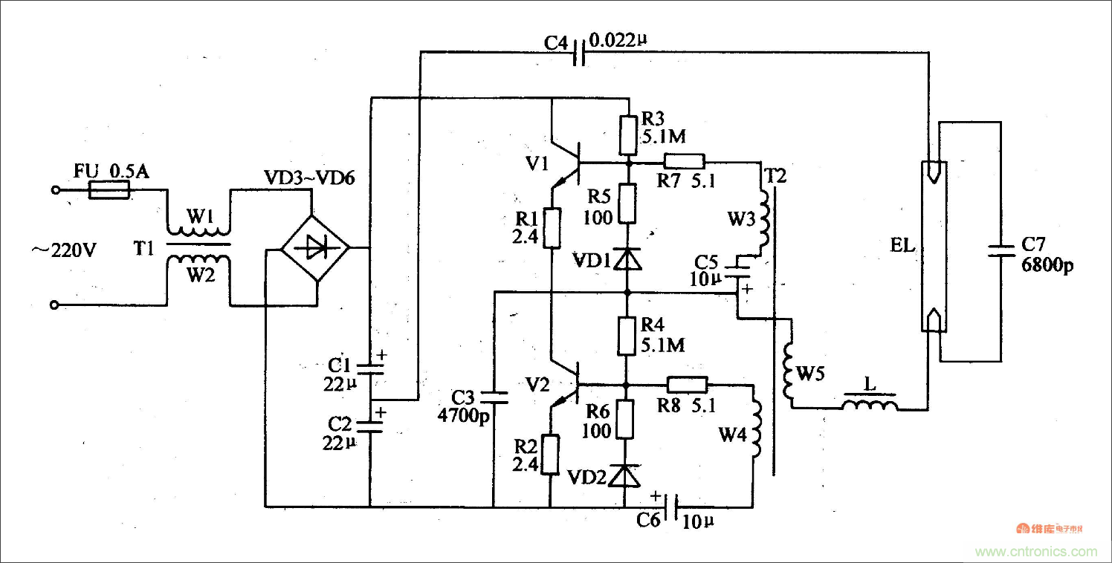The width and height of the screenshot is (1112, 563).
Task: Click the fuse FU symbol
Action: click(x=110, y=191)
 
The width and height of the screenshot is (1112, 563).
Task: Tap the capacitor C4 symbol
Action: click(x=578, y=52)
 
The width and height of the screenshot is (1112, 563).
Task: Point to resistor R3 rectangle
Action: click(x=628, y=134)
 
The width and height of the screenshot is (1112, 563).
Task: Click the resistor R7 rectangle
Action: click(x=684, y=161)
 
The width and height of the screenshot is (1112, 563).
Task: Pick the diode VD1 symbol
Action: click(x=628, y=258)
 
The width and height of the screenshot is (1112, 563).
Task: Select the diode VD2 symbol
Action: click(x=624, y=475)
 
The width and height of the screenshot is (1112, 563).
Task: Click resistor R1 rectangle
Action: click(x=551, y=227)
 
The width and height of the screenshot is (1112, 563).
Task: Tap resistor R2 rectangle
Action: click(x=550, y=455)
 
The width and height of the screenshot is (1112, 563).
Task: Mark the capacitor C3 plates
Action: click(x=494, y=397)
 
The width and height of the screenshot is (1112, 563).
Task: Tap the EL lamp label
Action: click(x=903, y=245)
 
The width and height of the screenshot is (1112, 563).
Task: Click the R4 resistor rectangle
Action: click(x=628, y=336)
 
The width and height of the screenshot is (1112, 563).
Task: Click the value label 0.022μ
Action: click(x=618, y=39)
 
